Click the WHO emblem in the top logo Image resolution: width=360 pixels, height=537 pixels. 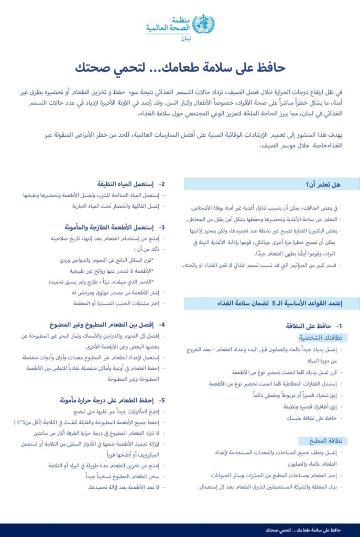click(203, 24)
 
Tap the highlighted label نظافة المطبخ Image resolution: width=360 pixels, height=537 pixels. click(323, 441)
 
